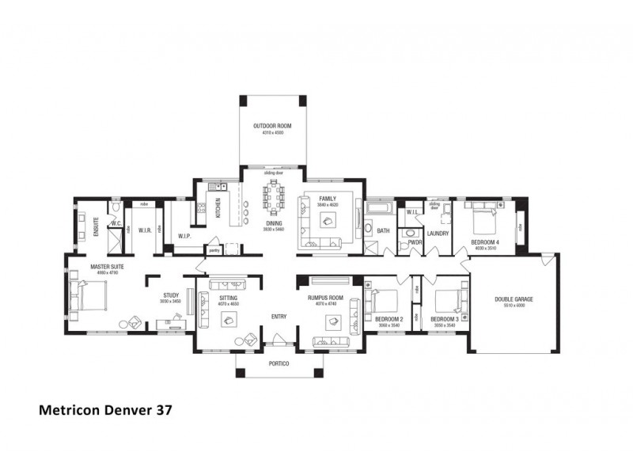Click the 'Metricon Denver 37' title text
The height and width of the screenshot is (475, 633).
(105, 411)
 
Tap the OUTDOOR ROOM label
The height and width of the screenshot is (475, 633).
(268, 126)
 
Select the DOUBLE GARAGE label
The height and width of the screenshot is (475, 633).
(514, 299)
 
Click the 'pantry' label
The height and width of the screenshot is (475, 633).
(214, 250)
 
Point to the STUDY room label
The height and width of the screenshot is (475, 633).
(170, 295)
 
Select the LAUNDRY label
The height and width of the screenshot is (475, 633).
(438, 234)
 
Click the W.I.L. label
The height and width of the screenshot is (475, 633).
(411, 212)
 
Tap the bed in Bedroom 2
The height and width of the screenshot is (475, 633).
(383, 302)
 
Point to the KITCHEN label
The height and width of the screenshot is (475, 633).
(219, 210)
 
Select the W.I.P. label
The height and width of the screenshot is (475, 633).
(184, 236)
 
